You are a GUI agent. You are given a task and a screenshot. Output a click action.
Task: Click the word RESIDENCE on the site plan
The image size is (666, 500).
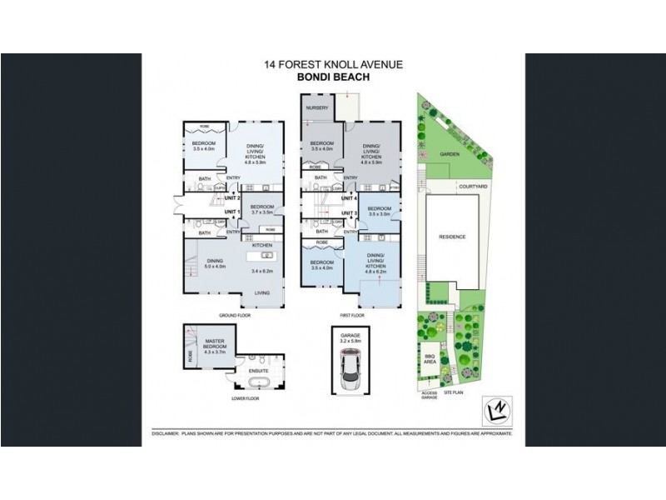point(452,237)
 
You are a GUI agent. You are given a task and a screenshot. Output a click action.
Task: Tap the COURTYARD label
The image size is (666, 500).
point(471,187)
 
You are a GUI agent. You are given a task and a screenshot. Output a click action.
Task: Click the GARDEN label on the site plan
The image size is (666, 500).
point(450,154)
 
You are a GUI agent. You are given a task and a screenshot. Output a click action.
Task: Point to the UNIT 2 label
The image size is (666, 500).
point(232,198)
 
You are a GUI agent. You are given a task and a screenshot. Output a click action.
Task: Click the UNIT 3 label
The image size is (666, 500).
point(349,214)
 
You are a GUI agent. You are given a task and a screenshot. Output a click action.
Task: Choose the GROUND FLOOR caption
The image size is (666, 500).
point(234,316)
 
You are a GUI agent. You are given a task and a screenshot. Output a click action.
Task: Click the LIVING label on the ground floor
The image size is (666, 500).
point(262,292)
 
